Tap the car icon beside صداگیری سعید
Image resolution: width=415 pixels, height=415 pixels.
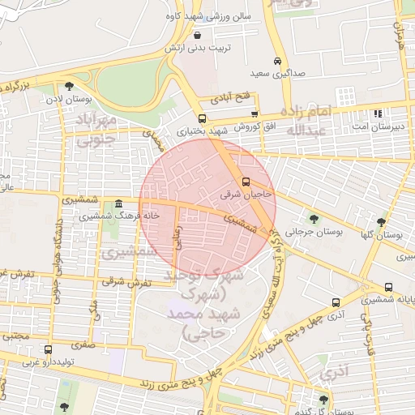point(278,62)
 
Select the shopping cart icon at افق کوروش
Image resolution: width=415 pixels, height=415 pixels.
point(255,113)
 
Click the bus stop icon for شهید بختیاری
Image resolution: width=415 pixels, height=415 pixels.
point(203,118)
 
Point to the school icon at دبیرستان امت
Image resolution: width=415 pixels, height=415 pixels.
point(376,113)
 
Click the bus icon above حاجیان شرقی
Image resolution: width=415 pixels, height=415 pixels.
point(246,182)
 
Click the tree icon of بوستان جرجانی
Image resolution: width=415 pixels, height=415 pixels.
point(314,218)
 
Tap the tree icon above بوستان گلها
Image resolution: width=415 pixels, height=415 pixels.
point(380,222)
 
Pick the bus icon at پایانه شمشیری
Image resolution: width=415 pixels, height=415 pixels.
point(389,288)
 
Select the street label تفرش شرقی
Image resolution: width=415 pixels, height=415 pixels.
point(129,281)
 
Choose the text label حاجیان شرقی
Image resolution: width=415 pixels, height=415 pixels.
point(246,195)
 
